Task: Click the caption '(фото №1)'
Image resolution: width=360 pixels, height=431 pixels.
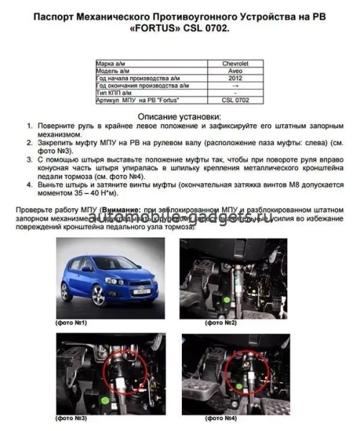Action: click(73, 323)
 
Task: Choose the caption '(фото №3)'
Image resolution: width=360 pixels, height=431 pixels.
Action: click(73, 417)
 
